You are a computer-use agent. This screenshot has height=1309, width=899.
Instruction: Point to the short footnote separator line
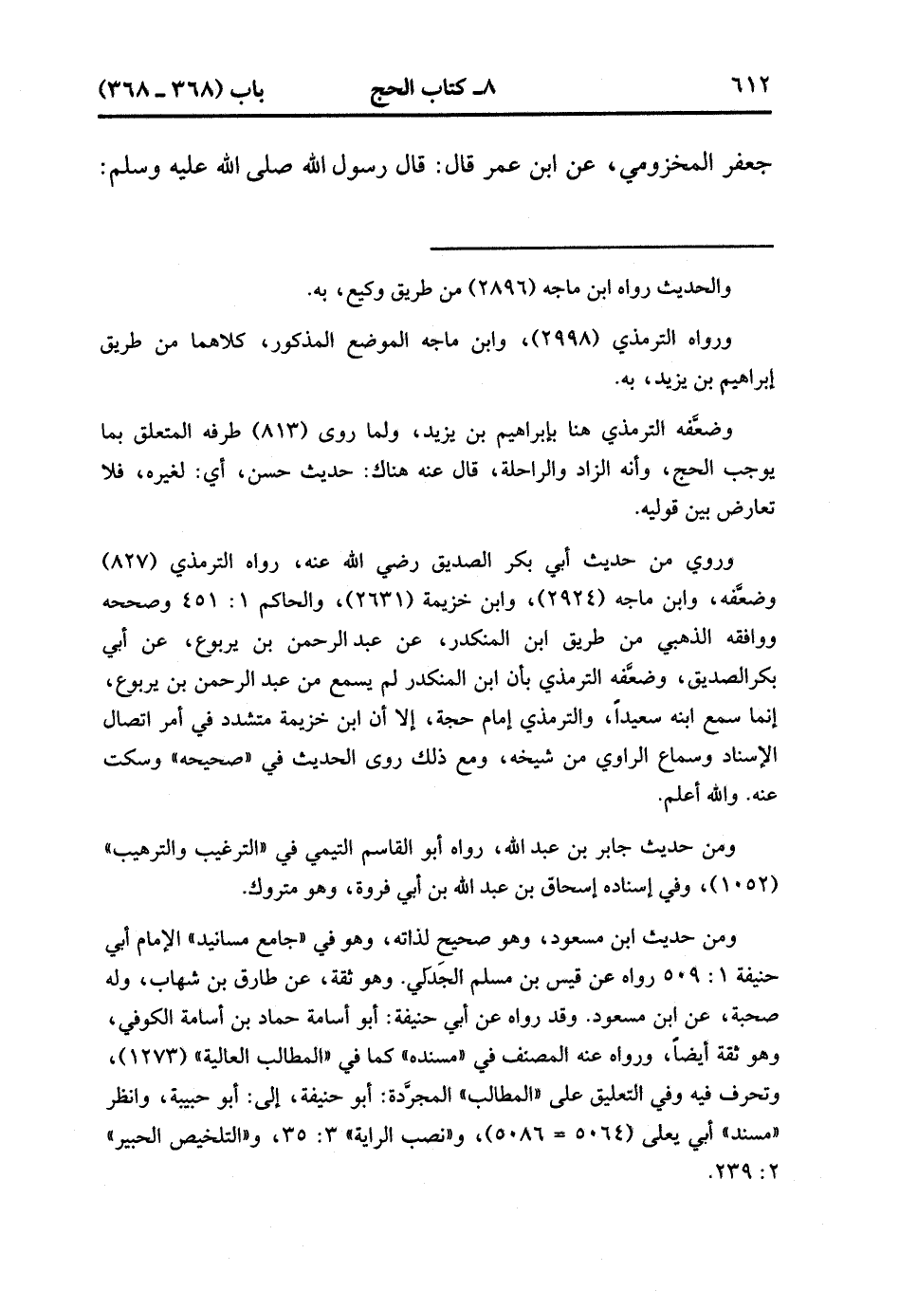click(602, 247)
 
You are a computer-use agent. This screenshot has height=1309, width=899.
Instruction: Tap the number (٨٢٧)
click(151, 562)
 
